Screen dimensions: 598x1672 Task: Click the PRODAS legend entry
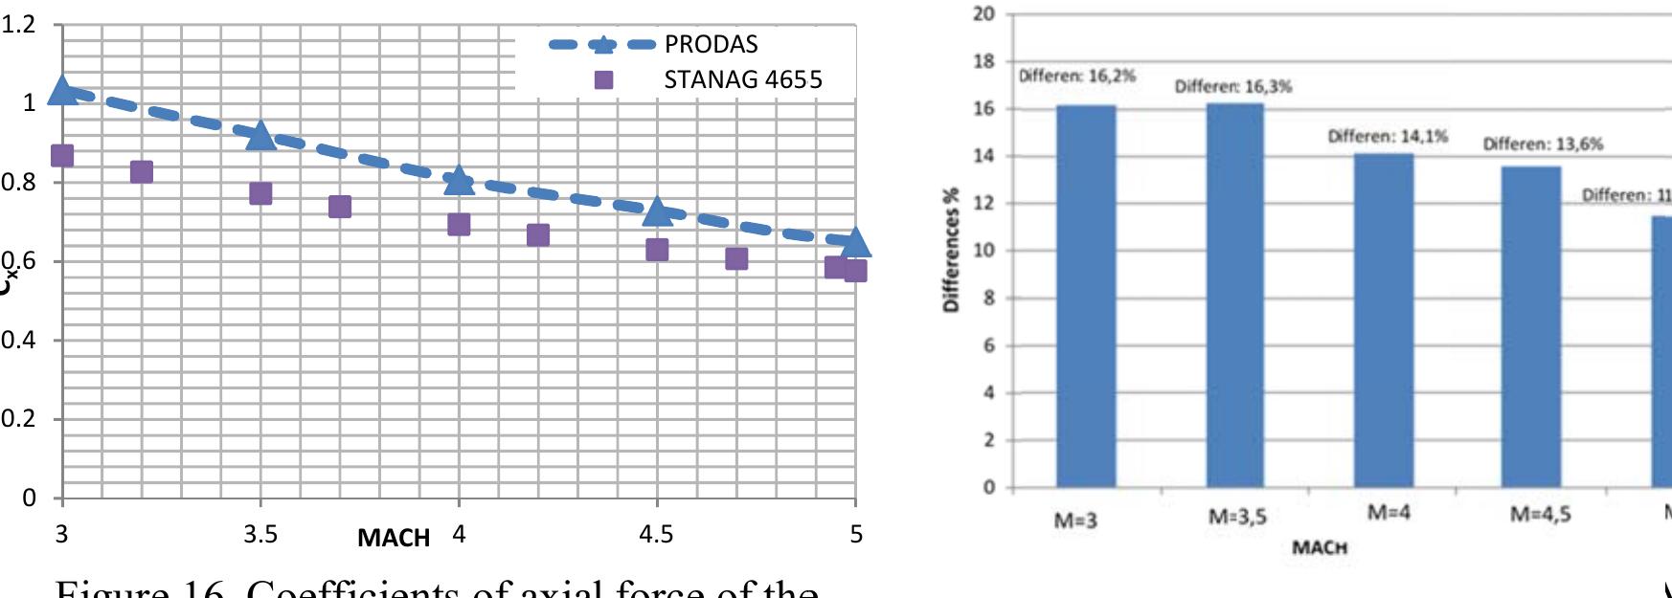point(711,45)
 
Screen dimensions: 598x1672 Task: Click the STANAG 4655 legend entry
point(742,79)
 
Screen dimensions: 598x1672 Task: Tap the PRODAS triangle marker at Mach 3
point(63,91)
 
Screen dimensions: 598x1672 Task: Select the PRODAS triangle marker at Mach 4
point(459,180)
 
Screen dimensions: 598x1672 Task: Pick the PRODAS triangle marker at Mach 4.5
point(657,211)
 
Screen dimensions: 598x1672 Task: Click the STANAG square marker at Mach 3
point(62,156)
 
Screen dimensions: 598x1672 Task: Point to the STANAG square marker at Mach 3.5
point(260,194)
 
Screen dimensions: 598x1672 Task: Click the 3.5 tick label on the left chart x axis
point(260,534)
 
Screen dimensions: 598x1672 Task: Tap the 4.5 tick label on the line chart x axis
point(657,534)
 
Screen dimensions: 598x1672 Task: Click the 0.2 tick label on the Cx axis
point(17,419)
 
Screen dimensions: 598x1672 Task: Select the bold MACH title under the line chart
point(394,539)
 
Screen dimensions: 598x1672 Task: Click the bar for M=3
point(1086,297)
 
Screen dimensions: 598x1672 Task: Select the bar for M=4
point(1384,321)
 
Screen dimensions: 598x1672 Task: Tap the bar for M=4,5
point(1531,326)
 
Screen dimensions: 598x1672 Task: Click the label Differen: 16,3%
point(1233,87)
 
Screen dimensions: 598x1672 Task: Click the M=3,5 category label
point(1236,518)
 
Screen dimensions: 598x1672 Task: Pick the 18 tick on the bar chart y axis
point(983,61)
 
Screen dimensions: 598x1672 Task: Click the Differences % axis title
point(952,250)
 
